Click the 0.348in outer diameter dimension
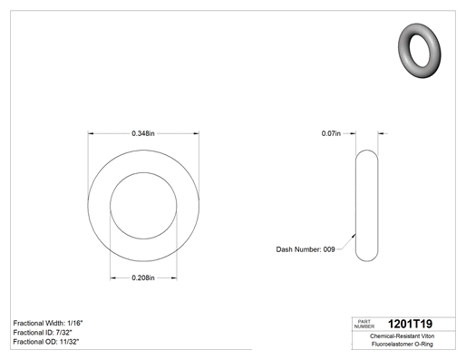point(143,133)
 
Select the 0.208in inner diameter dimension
point(143,277)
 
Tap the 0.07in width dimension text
point(331,133)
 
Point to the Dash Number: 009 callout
point(306,249)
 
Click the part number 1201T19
point(410,324)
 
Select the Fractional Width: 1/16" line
point(48,323)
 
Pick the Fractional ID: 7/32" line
point(43,333)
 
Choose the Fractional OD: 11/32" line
point(46,342)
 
